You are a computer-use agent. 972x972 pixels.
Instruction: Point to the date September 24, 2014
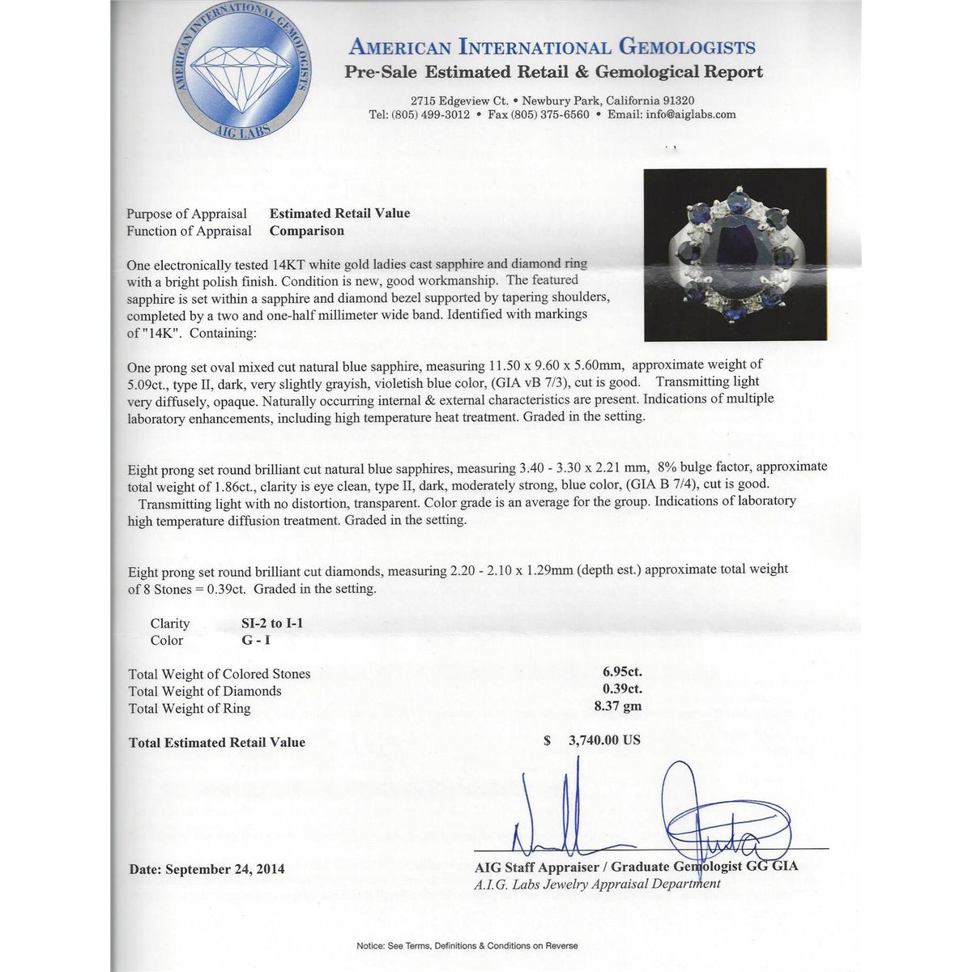pos(207,869)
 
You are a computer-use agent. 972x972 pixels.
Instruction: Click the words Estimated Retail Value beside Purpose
pos(339,213)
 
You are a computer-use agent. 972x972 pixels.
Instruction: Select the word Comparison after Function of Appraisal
pos(306,230)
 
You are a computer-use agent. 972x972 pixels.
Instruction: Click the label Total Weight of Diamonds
pos(205,691)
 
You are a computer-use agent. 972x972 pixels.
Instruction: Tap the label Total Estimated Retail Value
pos(217,742)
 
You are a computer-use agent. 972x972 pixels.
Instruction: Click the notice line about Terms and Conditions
pos(467,945)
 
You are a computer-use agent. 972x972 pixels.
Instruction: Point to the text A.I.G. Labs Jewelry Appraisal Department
pos(597,884)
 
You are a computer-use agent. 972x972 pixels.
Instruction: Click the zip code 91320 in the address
pos(678,100)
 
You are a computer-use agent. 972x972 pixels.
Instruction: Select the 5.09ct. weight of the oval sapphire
pos(151,382)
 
